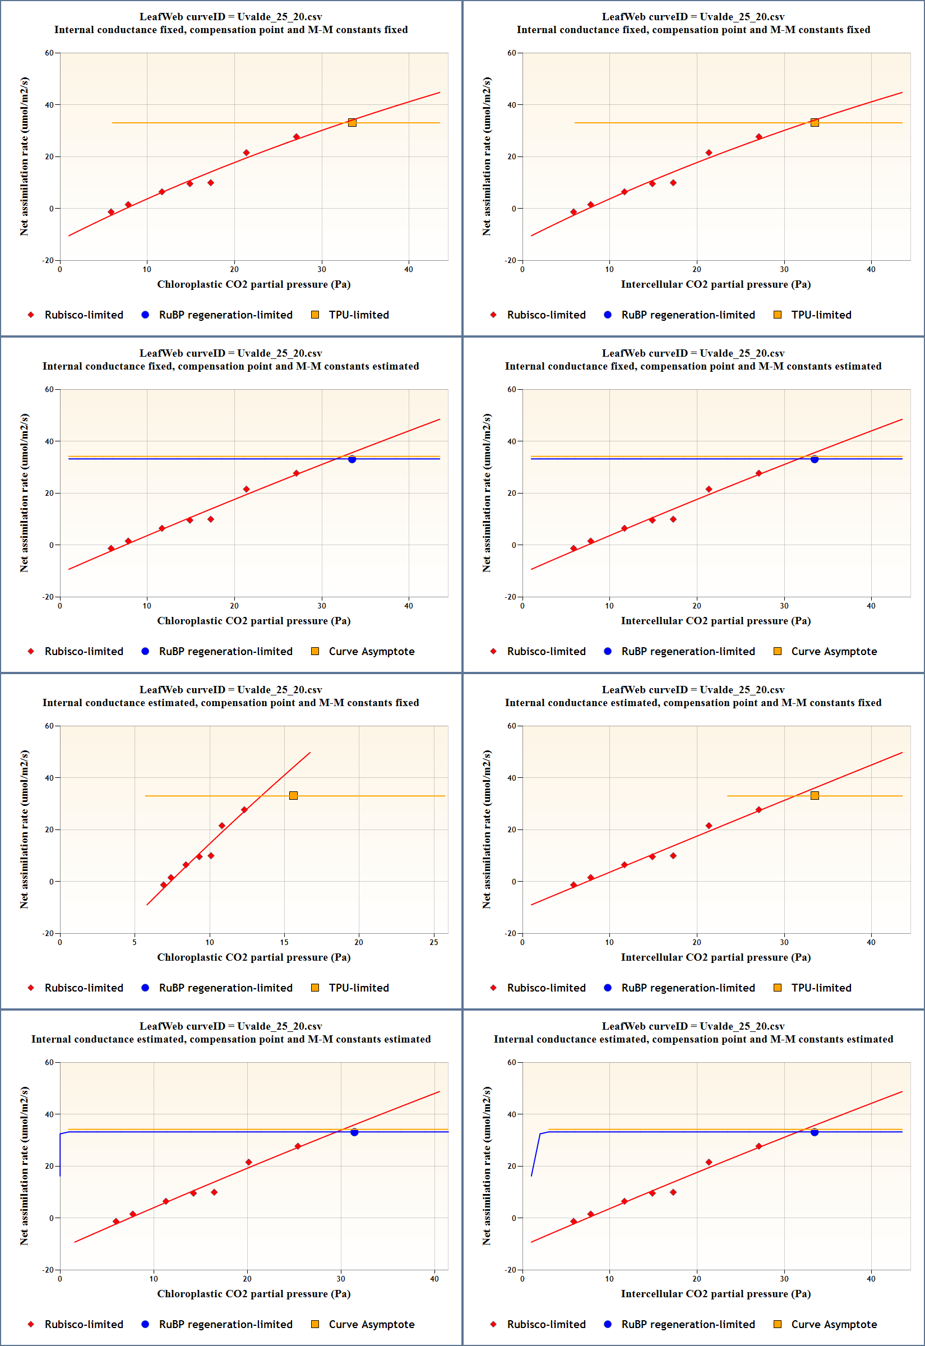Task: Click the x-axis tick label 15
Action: point(284,942)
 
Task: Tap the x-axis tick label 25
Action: point(433,942)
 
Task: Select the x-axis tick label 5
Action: point(135,942)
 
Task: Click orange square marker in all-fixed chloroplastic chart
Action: point(352,122)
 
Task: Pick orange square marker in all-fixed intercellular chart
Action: point(815,122)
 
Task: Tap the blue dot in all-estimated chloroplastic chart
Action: point(354,1132)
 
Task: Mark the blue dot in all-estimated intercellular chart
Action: point(815,1132)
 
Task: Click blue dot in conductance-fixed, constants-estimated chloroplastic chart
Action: point(352,459)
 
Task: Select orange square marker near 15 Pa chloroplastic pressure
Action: point(293,795)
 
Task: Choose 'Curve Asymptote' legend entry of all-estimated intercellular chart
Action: point(834,1324)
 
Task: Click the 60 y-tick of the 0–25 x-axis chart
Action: point(49,726)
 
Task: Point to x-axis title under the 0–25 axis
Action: point(253,957)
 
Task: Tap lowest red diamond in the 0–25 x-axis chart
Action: point(164,885)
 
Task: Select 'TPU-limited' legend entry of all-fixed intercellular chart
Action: point(821,315)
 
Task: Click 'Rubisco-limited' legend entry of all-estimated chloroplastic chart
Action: point(84,1324)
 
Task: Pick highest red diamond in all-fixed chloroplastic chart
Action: point(296,137)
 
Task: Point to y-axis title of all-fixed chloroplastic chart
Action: point(24,156)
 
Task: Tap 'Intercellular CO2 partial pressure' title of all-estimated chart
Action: point(715,1293)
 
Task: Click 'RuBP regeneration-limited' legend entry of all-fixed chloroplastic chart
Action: point(225,315)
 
